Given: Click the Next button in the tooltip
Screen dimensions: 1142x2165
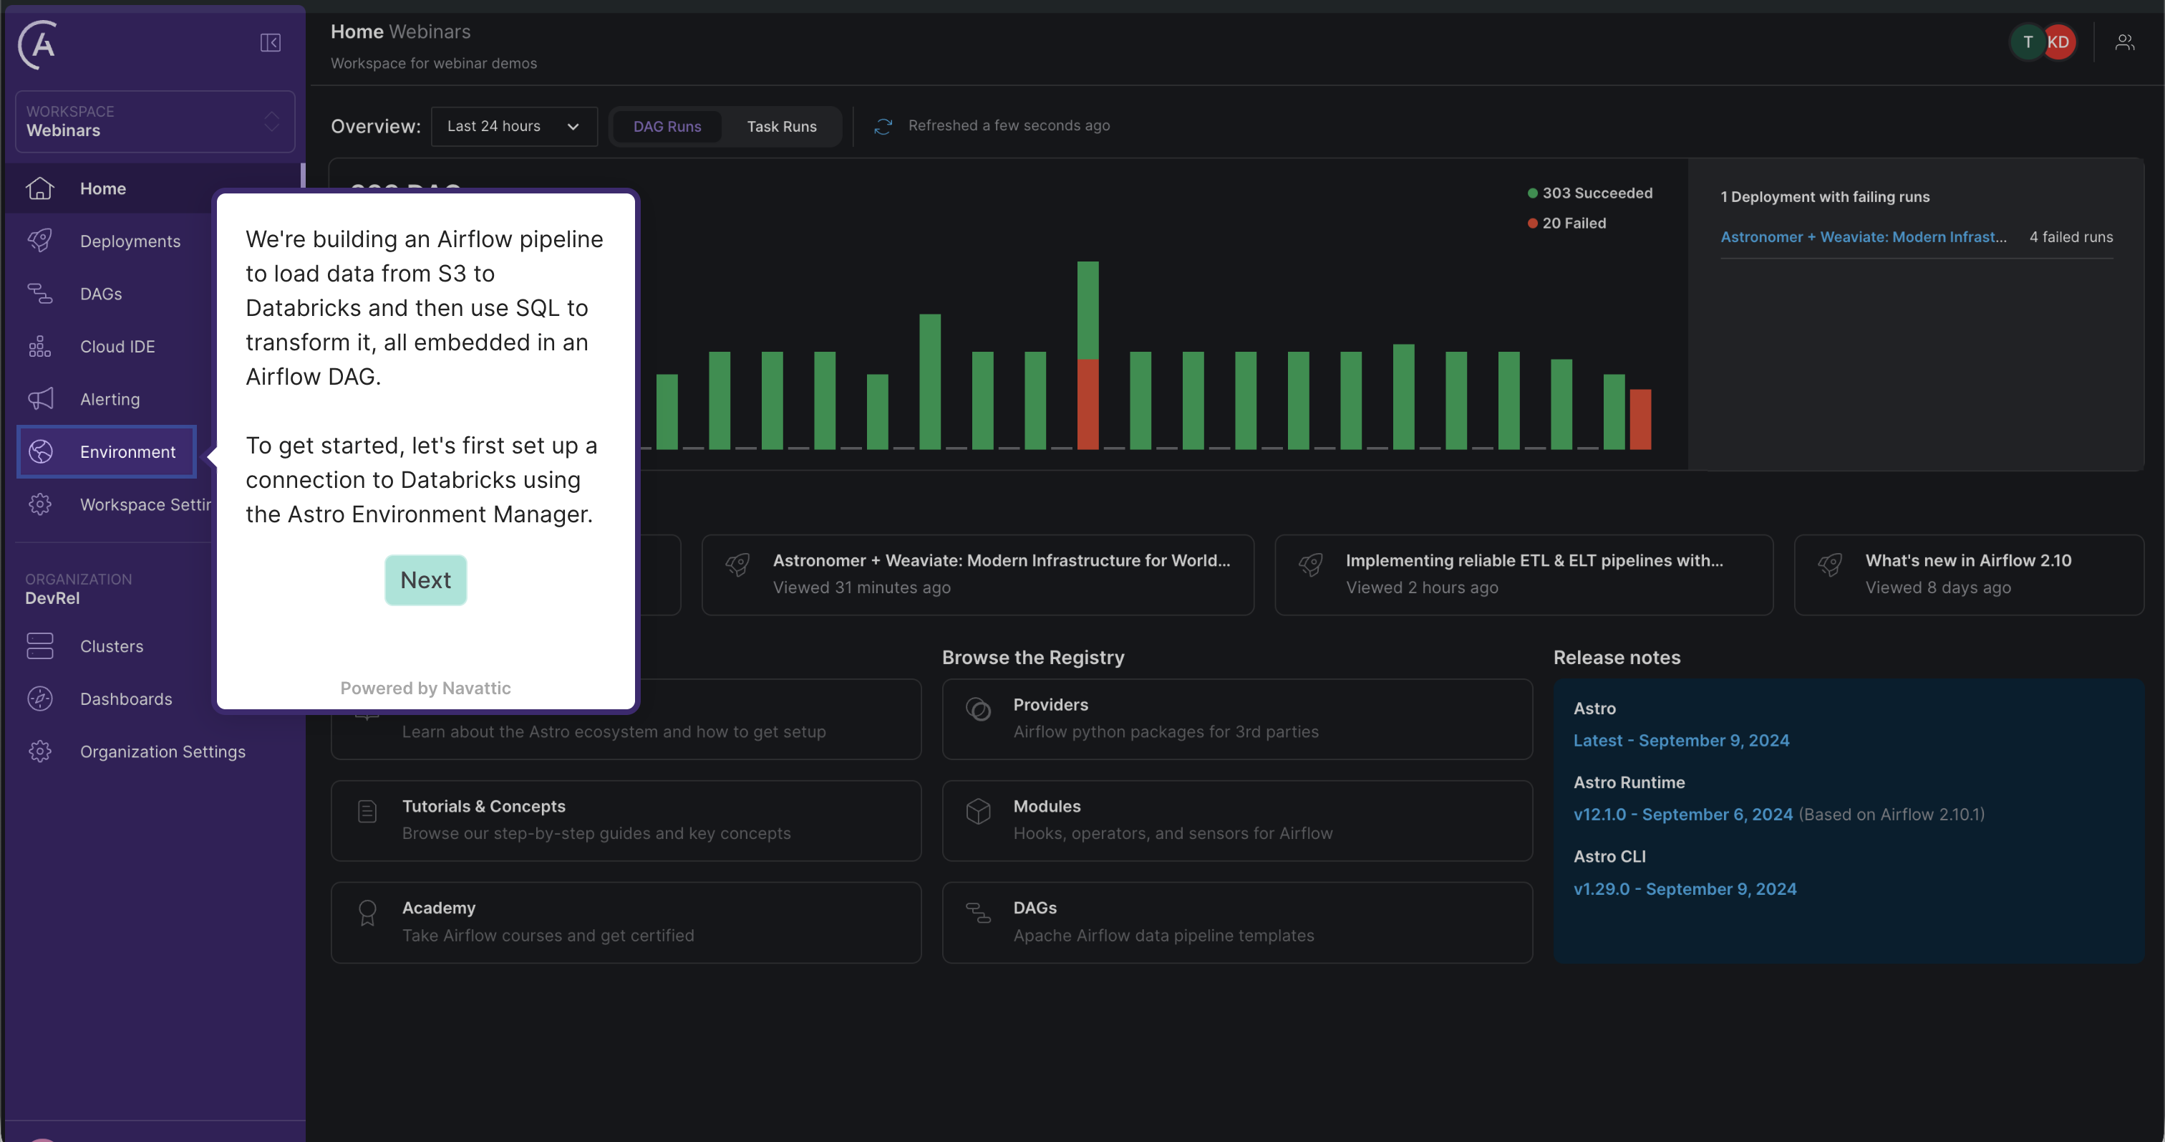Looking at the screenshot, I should tap(425, 580).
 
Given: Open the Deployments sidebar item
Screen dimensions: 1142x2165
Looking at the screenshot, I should tap(130, 241).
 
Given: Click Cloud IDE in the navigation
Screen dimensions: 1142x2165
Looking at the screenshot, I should tap(117, 347).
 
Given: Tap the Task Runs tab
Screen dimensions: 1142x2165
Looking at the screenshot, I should tap(781, 126).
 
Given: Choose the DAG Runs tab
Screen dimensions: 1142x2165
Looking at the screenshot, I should tap(667, 126).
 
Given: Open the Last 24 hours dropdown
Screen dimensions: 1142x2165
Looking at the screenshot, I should tap(513, 126).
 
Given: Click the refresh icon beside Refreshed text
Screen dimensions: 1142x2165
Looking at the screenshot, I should tap(883, 126).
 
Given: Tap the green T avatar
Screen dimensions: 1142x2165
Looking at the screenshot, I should tap(2026, 42).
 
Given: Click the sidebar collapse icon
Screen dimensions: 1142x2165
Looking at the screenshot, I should tap(270, 43).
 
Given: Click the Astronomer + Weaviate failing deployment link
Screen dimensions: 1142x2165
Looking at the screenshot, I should tap(1862, 237).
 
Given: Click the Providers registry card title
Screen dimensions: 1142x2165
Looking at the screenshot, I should tap(1050, 705).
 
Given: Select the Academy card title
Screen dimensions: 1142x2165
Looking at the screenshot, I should tap(438, 908).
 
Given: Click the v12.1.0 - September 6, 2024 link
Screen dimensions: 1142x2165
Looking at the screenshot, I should tap(1682, 814).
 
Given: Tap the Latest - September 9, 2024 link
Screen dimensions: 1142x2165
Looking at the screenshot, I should tap(1681, 740).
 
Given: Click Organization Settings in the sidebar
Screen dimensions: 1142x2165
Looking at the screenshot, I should tap(163, 752).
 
